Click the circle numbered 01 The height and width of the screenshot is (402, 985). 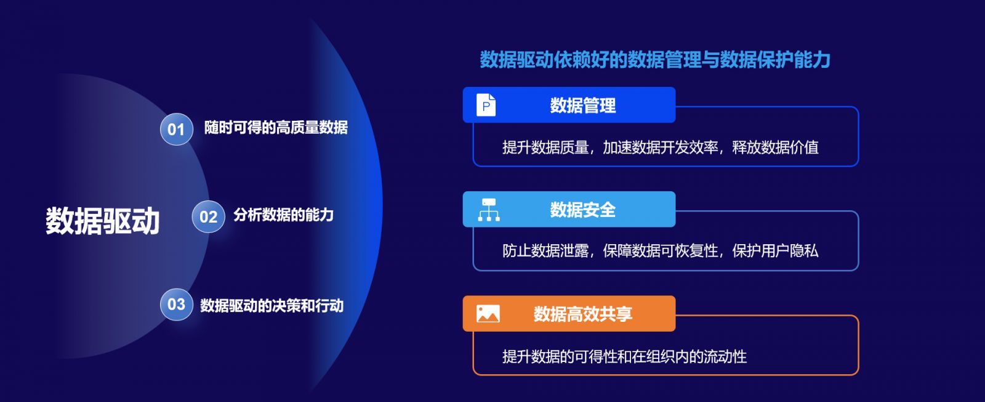click(176, 129)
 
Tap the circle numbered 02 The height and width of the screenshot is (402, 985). click(209, 216)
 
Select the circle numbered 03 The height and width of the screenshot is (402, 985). click(176, 304)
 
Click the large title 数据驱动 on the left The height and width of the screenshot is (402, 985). click(102, 221)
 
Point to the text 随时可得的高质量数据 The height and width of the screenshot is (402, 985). click(276, 128)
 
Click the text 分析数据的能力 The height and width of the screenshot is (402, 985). click(284, 215)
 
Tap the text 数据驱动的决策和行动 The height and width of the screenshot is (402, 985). click(271, 306)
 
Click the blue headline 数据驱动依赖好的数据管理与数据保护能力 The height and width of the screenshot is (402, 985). click(655, 59)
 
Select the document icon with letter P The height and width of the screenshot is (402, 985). click(486, 105)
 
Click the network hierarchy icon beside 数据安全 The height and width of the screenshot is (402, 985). click(489, 210)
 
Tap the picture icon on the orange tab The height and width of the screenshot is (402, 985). click(488, 313)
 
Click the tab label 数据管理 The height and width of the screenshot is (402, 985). click(582, 105)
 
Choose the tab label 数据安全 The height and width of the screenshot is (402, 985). click(582, 210)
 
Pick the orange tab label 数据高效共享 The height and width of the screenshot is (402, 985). click(582, 314)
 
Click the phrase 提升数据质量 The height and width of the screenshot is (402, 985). click(545, 147)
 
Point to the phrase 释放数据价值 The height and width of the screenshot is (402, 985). click(775, 147)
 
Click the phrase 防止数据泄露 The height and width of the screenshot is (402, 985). click(545, 251)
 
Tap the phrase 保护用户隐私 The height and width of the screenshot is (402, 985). click(775, 251)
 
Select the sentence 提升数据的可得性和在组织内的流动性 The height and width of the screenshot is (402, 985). click(624, 356)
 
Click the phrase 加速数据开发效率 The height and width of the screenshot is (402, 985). click(661, 147)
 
